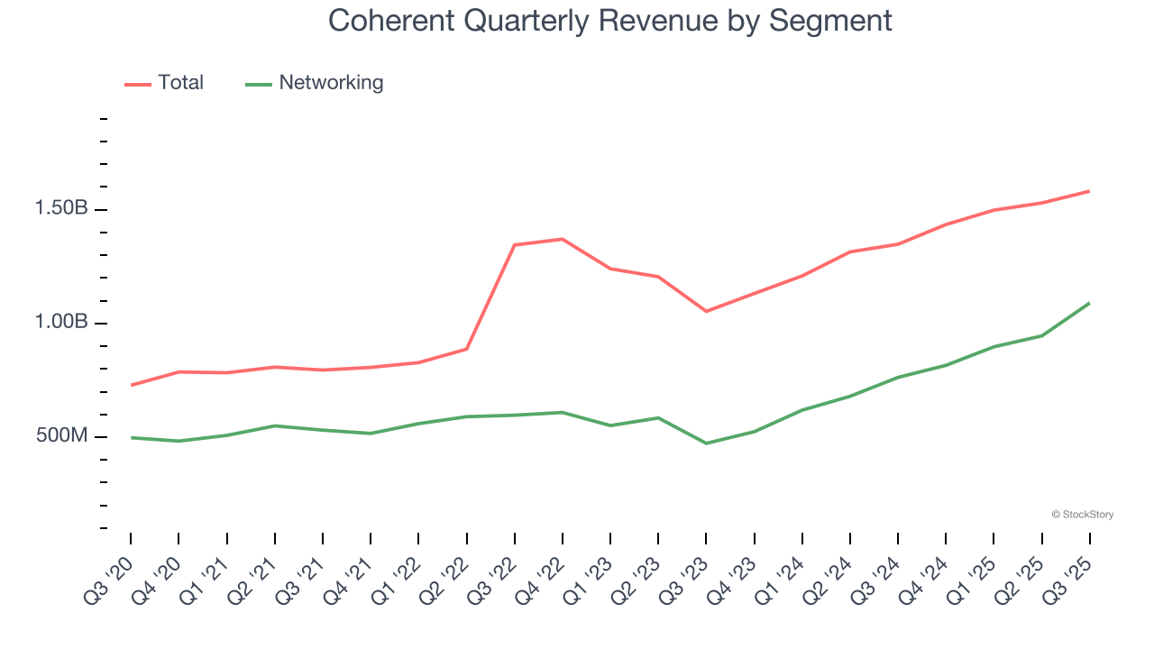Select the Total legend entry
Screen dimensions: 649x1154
coord(165,83)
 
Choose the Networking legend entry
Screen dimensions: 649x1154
coord(315,83)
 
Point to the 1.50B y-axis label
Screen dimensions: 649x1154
coord(61,209)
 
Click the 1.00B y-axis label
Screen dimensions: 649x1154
coord(61,323)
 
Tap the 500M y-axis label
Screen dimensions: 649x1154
coord(62,436)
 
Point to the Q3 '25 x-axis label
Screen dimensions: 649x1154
coord(1068,582)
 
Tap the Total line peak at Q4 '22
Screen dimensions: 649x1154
coord(563,239)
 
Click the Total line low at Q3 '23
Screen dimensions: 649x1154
coord(706,311)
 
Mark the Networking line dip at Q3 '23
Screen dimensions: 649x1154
coord(706,443)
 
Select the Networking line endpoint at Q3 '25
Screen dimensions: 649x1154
coord(1089,303)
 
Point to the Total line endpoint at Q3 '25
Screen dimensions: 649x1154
coord(1089,191)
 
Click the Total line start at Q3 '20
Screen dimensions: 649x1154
coord(132,385)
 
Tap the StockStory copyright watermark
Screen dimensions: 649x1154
coord(1082,515)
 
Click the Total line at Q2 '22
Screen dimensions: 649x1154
coord(467,349)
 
